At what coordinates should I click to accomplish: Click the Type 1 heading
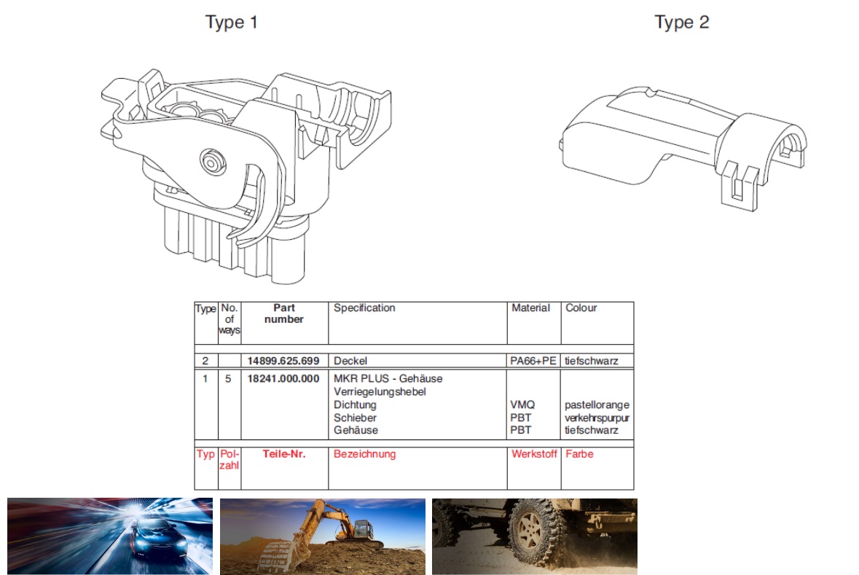[231, 23]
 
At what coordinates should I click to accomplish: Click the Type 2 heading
[681, 23]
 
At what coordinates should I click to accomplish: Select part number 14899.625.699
[283, 361]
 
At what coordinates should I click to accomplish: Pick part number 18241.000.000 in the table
[283, 379]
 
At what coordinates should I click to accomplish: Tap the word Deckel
[350, 361]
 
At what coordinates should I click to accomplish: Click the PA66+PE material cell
[533, 361]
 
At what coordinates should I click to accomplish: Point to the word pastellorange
[597, 405]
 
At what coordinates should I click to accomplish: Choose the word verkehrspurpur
[597, 418]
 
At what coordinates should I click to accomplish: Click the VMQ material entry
[522, 404]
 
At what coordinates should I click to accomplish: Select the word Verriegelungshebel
[380, 392]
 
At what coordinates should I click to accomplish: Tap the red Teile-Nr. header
[283, 454]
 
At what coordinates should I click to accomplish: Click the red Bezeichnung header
[364, 455]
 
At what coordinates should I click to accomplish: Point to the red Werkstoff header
[534, 454]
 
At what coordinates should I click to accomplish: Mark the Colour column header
[581, 308]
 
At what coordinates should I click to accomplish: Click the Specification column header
[364, 308]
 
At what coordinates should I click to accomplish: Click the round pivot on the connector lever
[212, 163]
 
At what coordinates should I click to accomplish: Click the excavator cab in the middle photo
[364, 530]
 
